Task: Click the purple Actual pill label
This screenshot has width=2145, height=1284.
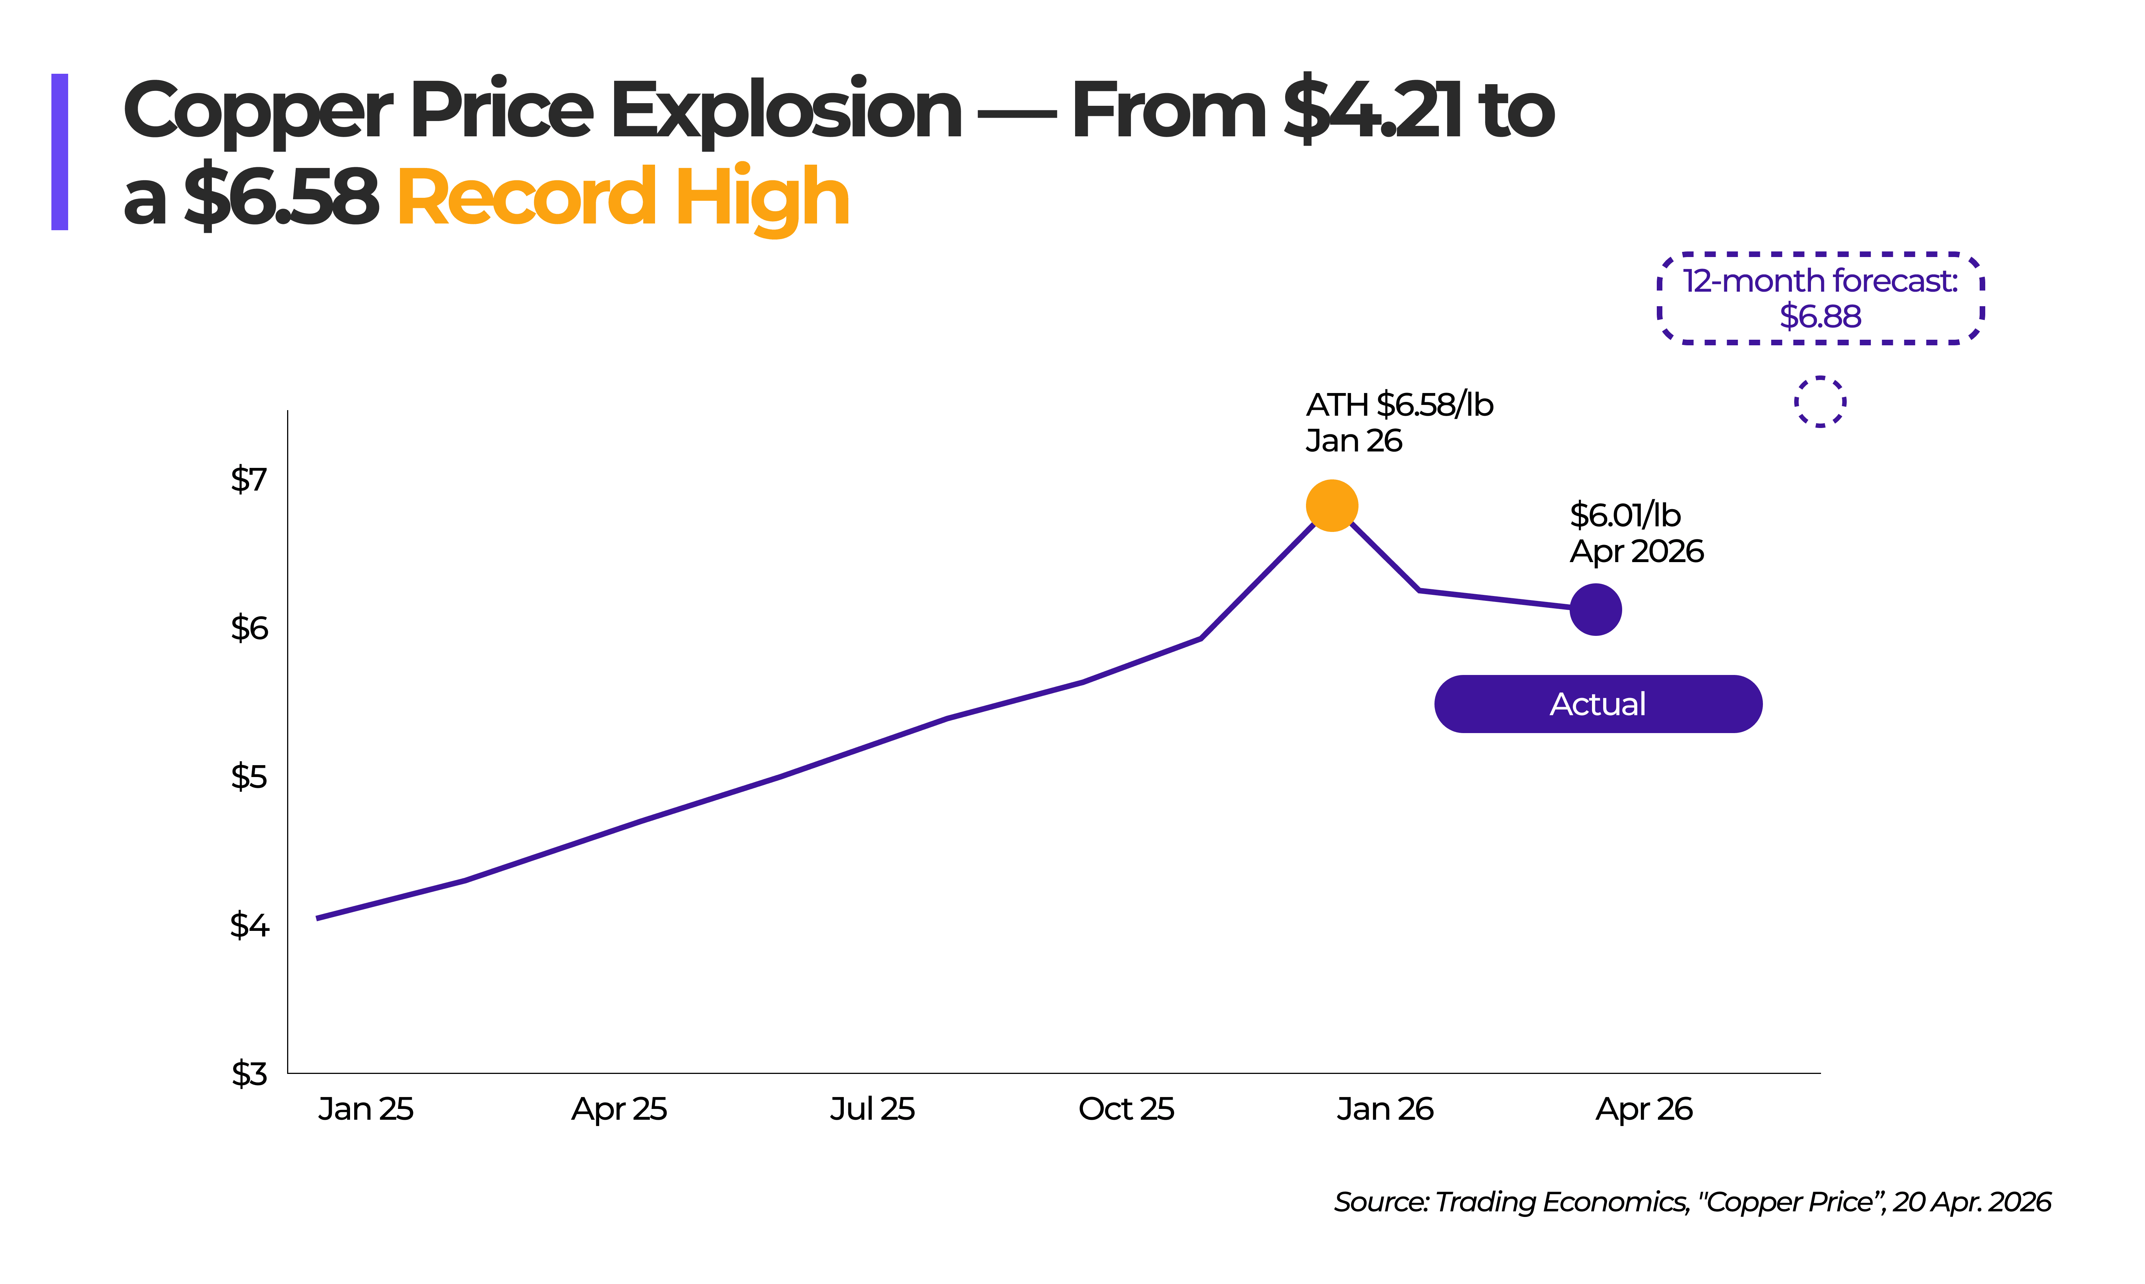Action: [1598, 703]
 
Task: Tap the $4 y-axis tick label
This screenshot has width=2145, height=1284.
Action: [249, 925]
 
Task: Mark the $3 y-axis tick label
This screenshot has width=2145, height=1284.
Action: [249, 1073]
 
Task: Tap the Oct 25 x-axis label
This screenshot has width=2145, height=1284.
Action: [1126, 1108]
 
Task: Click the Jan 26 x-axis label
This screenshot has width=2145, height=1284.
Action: [1385, 1108]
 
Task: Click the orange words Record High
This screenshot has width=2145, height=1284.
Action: [623, 198]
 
